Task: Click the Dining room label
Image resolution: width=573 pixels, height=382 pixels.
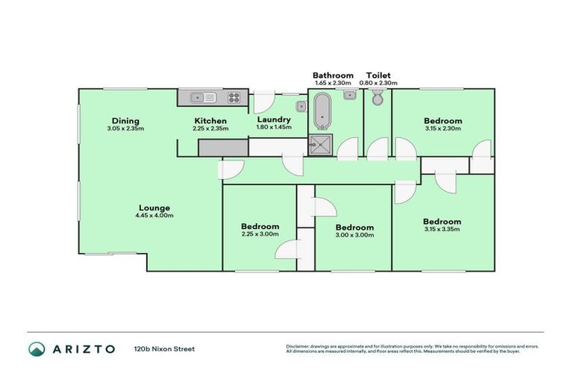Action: click(x=125, y=121)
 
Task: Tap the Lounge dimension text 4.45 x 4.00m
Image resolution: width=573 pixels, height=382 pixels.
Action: click(x=154, y=216)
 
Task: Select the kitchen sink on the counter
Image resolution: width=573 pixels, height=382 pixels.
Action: click(x=203, y=97)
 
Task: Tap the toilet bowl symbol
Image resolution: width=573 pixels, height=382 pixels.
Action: click(x=377, y=98)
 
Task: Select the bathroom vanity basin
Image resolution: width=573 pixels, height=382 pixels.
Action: click(x=348, y=95)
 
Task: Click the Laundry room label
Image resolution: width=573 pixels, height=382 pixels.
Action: click(x=273, y=119)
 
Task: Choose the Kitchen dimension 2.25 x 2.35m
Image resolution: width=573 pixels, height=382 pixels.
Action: click(x=210, y=128)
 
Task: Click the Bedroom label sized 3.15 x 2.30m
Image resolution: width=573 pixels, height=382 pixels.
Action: click(x=442, y=121)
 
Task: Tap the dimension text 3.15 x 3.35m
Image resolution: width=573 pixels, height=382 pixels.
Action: click(x=442, y=229)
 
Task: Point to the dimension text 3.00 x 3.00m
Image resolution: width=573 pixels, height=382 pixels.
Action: click(x=354, y=235)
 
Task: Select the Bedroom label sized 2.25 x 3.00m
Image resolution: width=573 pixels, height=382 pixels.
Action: click(x=260, y=227)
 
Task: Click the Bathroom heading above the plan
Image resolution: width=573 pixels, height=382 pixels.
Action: click(x=333, y=75)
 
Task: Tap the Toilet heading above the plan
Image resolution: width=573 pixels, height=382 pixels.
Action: click(x=378, y=75)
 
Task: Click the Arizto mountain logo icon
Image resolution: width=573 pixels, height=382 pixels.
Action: click(x=36, y=348)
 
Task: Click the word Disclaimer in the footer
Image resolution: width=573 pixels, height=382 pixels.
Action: click(x=299, y=346)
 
